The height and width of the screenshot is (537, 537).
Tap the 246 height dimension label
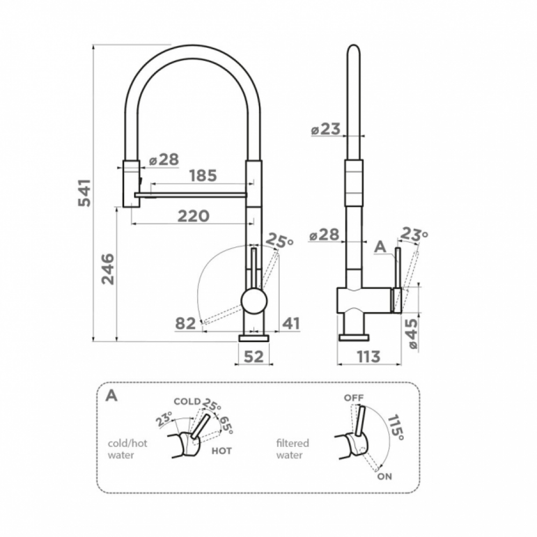coord(108,268)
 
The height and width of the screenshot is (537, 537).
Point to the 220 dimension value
coord(193,216)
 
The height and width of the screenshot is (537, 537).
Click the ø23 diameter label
coord(325,129)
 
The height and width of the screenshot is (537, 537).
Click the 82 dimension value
coord(185,323)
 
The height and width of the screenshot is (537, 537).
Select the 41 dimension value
coord(291,323)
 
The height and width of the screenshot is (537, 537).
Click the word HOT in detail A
coord(221,451)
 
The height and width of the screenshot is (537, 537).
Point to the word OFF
coord(354,398)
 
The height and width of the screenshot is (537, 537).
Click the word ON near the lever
coord(384,476)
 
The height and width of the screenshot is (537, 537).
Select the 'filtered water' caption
coord(292,449)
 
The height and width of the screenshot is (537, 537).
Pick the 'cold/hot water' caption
coord(127,449)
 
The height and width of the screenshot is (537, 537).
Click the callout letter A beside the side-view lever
coord(381,246)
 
